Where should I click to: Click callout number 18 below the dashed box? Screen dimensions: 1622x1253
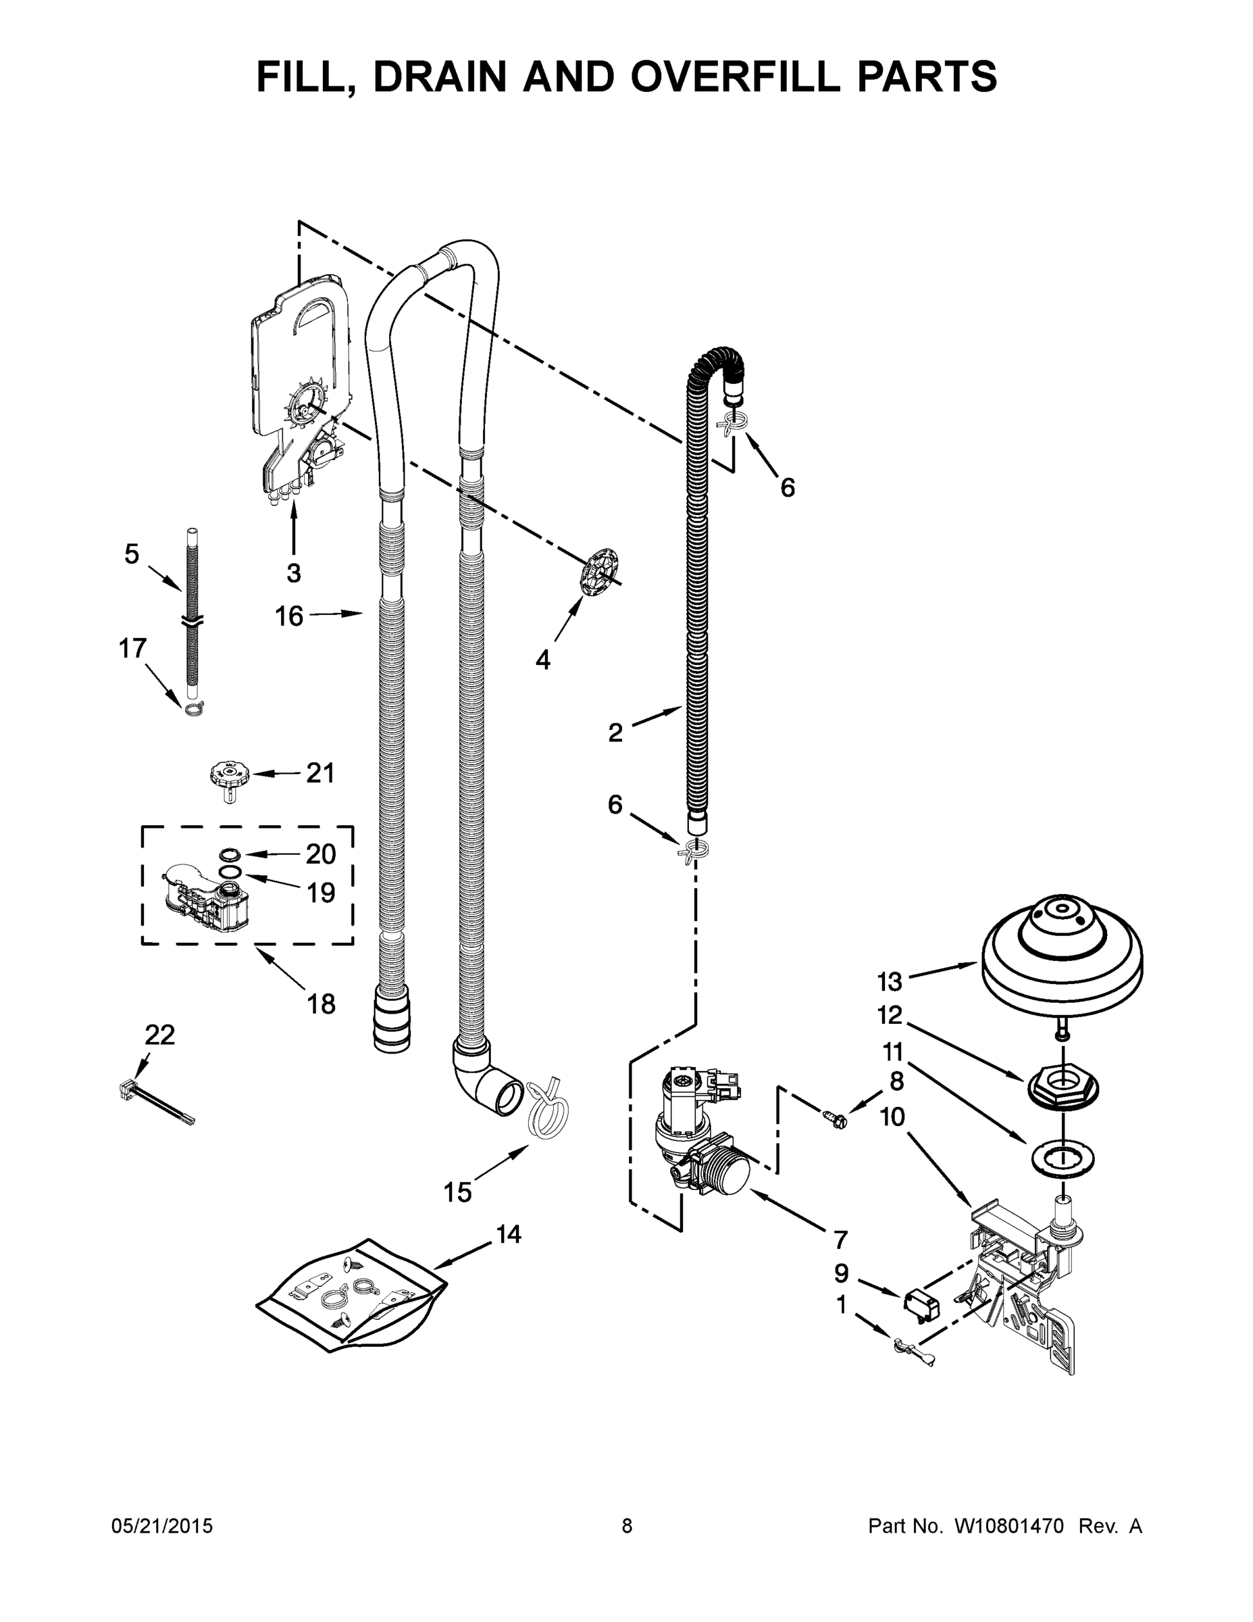(x=321, y=1004)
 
